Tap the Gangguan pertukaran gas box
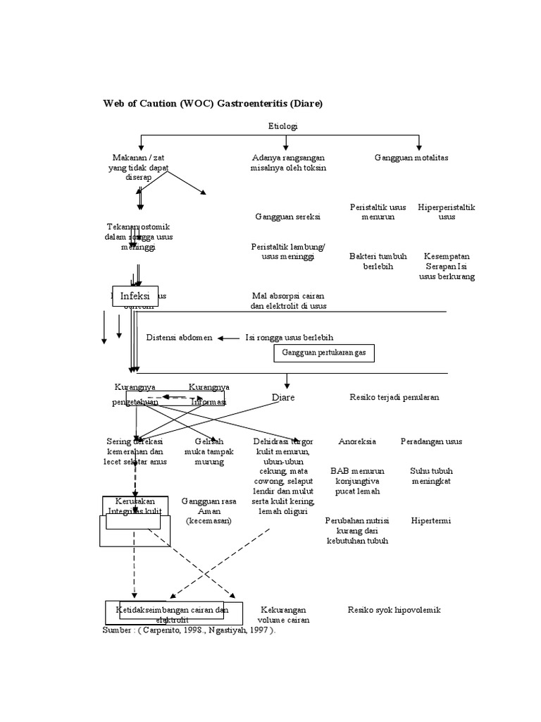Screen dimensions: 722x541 tap(323, 353)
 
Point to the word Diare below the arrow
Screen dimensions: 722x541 tap(283, 398)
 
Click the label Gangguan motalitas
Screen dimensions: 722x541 tap(411, 157)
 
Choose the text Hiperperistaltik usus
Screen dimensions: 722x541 tap(447, 212)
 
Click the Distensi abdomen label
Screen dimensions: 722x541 tap(179, 338)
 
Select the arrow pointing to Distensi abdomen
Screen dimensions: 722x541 tap(229, 338)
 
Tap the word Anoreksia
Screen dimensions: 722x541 tap(357, 441)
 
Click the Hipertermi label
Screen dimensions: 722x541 tap(431, 521)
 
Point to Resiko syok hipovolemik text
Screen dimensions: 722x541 tap(394, 610)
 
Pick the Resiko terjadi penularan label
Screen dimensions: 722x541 tap(394, 397)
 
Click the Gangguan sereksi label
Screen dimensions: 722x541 tap(287, 217)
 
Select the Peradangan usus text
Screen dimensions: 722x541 tap(431, 441)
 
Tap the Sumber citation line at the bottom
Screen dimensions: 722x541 tap(189, 631)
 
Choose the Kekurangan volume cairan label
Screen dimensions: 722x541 tap(283, 615)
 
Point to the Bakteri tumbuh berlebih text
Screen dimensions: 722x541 tap(378, 262)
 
